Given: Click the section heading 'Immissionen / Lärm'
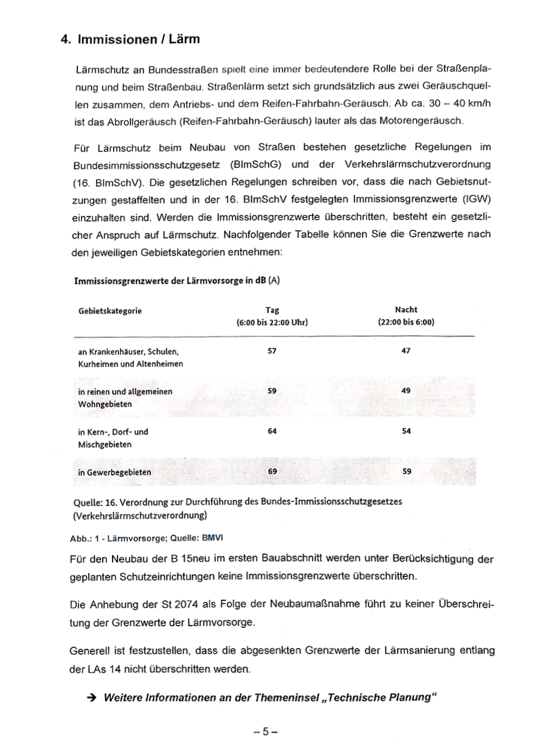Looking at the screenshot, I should (138, 39).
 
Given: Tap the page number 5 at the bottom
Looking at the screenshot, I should (265, 732).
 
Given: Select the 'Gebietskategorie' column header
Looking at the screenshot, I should (110, 311).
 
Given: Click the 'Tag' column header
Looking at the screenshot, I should (272, 310).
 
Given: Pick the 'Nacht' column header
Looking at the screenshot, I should (406, 310).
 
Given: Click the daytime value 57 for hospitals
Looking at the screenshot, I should (272, 351).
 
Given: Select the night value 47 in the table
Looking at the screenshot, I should (406, 351).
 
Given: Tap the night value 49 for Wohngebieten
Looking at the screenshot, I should (406, 391).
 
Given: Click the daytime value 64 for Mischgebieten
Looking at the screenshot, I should (272, 432).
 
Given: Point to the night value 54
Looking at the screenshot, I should (406, 432).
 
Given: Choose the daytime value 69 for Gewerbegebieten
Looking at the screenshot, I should (272, 472).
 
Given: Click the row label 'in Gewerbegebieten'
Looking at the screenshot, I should (115, 472).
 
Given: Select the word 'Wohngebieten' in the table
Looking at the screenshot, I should (105, 405).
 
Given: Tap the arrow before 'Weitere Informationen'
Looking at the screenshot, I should (91, 698).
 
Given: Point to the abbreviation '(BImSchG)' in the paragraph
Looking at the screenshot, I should (255, 164).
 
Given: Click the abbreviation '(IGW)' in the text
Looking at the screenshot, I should (476, 199).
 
